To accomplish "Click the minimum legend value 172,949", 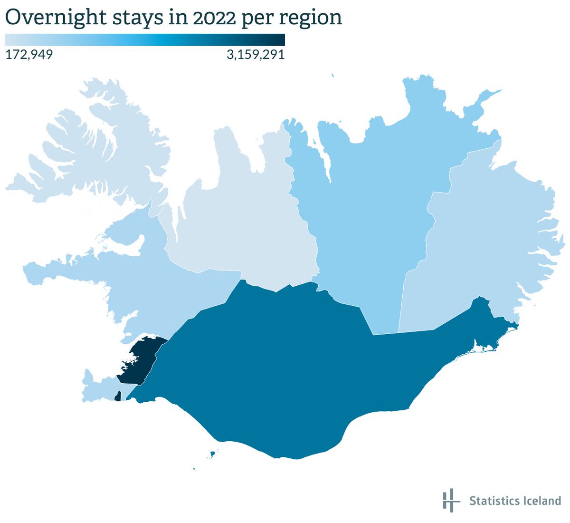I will [x=29, y=55].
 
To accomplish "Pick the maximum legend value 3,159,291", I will [x=256, y=55].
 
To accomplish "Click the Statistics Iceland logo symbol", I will [x=450, y=500].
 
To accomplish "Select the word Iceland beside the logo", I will [x=539, y=501].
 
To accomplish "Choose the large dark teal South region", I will [x=285, y=371].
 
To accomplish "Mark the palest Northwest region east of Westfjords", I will [x=237, y=214].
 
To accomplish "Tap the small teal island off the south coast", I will [x=213, y=455].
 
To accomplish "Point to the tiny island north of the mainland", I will [x=332, y=75].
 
